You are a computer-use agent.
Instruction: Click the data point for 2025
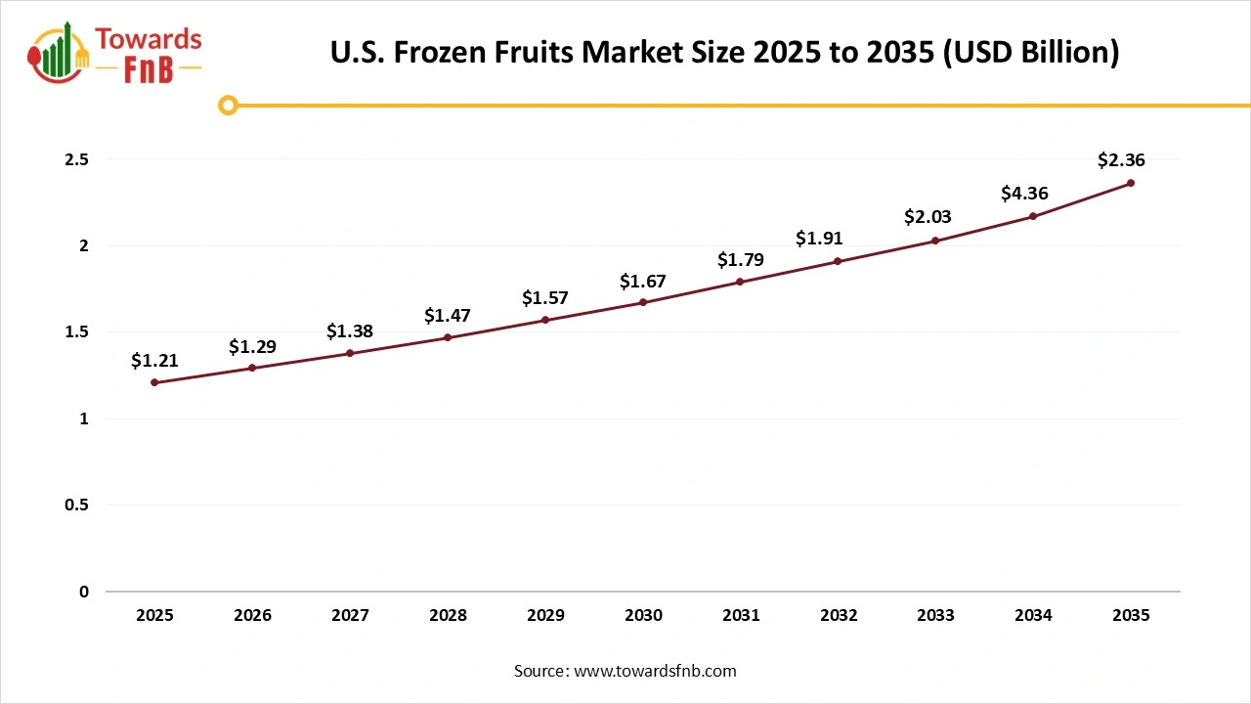pos(154,382)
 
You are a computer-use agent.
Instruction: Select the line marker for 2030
pos(643,302)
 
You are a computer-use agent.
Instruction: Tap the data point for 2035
pos(1131,183)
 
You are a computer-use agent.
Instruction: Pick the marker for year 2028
pos(448,337)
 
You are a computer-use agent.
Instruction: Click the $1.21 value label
pos(154,361)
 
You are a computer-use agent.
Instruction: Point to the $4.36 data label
pos(1024,194)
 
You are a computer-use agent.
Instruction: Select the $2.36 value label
pos(1121,160)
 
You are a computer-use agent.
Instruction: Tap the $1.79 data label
pos(741,260)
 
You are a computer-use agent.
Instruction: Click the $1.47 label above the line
pos(448,316)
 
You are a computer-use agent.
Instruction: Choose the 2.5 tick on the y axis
pos(76,159)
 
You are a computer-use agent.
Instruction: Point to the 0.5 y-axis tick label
pos(76,506)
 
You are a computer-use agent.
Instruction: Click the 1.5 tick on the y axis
pos(76,332)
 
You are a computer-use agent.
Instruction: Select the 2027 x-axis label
pos(350,616)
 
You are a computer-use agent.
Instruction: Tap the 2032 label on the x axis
pos(839,616)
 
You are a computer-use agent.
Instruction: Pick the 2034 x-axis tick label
pos(1033,616)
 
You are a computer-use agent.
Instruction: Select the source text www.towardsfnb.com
pos(655,671)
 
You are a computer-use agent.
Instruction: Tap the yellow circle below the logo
pos(228,105)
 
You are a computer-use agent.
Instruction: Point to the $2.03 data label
pos(927,217)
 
